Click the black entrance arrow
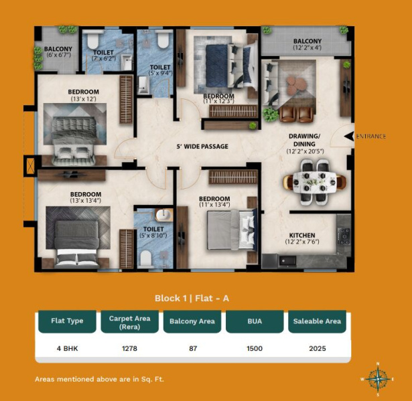(349, 137)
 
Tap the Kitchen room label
(302, 235)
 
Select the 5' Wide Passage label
(202, 147)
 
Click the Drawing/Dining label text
(305, 140)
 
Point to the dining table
(314, 181)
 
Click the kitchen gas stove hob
(344, 236)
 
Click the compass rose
(378, 379)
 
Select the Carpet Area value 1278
(129, 349)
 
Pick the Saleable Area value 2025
(318, 349)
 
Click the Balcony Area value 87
(193, 349)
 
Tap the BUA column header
(255, 321)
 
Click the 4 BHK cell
(67, 349)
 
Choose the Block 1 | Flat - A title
(192, 299)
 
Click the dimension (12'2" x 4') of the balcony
(307, 48)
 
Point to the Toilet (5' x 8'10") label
(153, 232)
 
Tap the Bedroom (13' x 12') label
(84, 95)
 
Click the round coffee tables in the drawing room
(296, 84)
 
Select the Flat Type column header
(67, 321)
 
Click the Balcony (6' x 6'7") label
(58, 52)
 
